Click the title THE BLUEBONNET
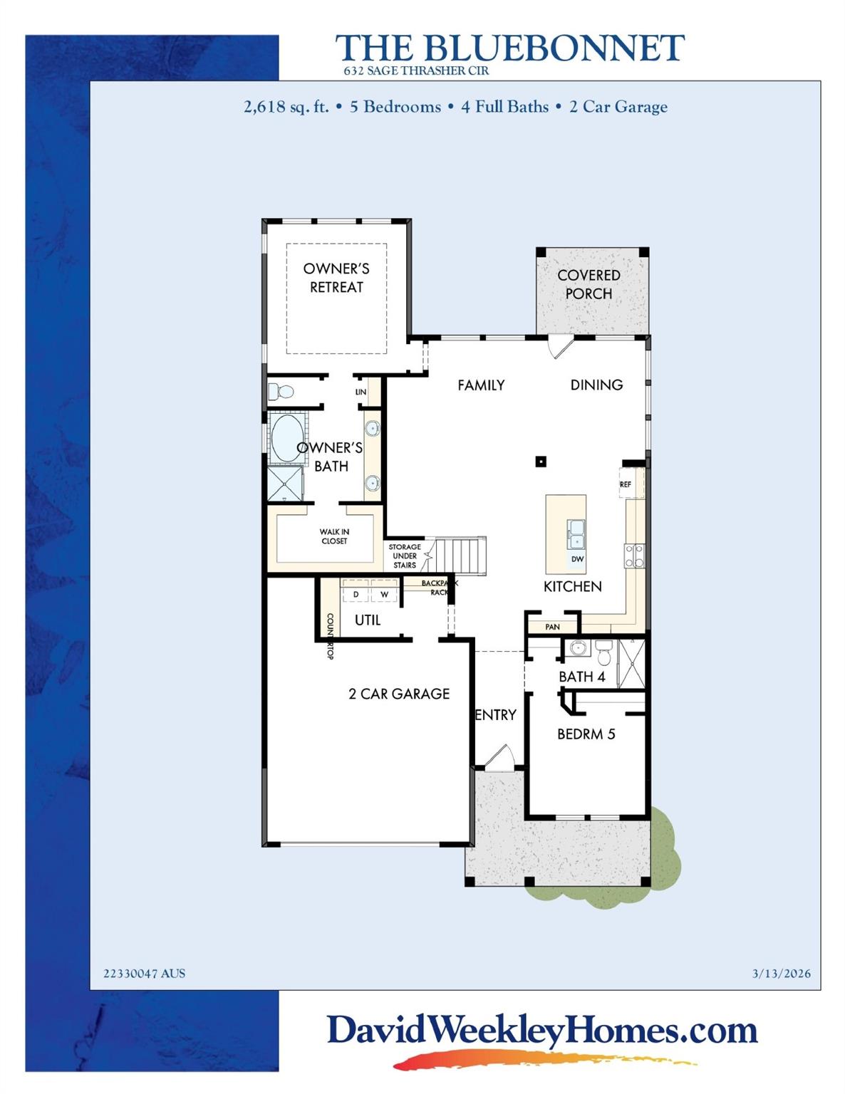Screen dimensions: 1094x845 coord(509,48)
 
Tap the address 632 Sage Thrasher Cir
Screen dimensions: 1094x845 coord(416,71)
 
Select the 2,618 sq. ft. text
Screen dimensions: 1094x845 coord(286,108)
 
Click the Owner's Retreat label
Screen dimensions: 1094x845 coord(336,278)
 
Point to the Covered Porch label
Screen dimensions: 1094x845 coord(589,284)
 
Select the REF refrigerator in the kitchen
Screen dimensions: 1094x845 coord(626,484)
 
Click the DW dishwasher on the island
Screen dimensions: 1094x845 coord(577,559)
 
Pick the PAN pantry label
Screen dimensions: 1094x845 coord(552,627)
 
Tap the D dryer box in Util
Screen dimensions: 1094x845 coord(356,594)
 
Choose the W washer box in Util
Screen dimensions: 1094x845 coord(384,594)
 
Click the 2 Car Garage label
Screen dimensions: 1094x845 coord(399,694)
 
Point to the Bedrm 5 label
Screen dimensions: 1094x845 coord(586,734)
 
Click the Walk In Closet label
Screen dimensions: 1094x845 coord(334,536)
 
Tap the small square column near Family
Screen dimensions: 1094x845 coord(541,462)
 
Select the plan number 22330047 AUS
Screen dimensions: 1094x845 coord(144,974)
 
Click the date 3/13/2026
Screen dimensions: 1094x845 coord(781,974)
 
